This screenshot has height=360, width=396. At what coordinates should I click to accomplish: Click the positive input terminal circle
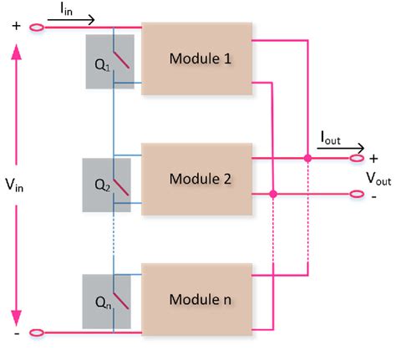coord(36,28)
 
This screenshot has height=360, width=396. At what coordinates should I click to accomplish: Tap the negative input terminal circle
coord(36,332)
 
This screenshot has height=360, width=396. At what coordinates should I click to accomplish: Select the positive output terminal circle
coord(358,158)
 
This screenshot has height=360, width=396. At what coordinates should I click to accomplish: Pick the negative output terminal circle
coord(358,194)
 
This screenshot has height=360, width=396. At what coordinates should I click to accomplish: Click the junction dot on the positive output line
coord(307,158)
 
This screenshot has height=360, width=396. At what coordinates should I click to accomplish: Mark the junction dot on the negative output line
coord(273,194)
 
